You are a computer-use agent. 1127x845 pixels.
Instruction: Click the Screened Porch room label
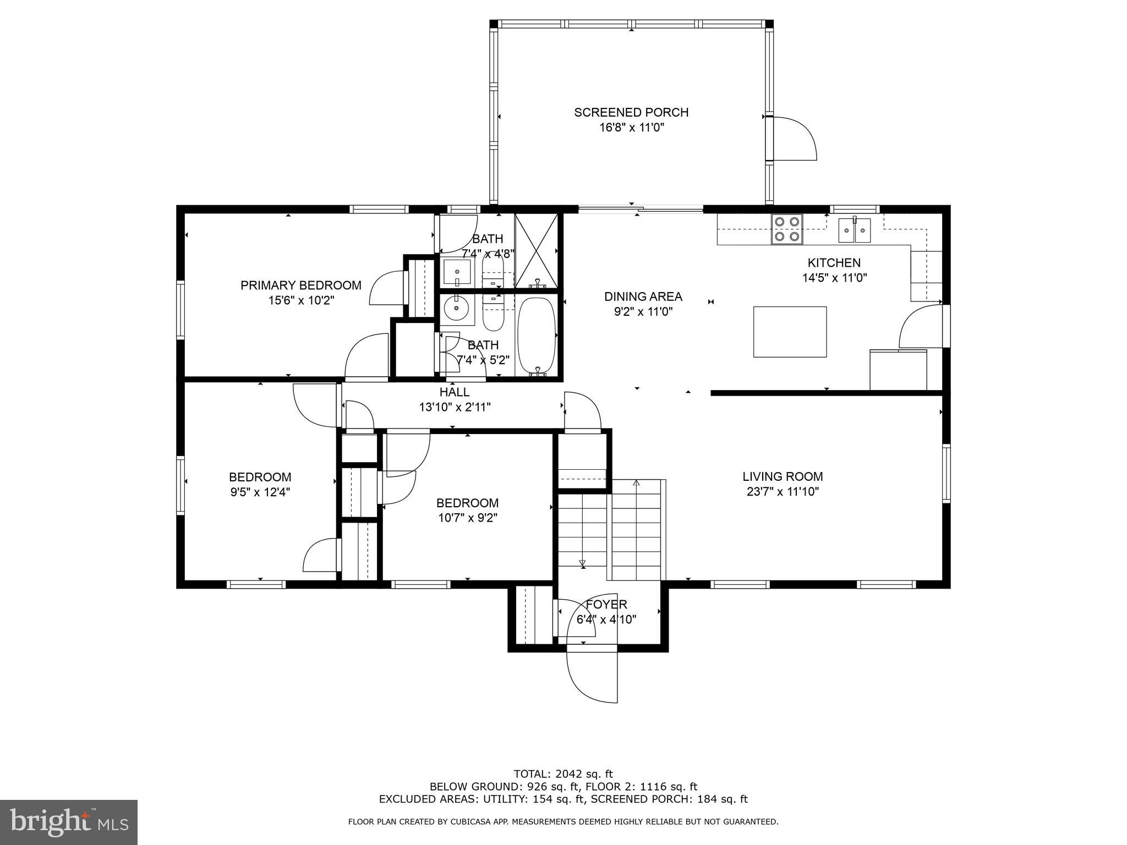[x=631, y=112]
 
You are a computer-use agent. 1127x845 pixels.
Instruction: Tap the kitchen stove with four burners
[x=786, y=229]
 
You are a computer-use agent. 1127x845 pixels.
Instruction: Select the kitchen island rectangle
[x=790, y=332]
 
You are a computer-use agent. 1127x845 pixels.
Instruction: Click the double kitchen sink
[x=855, y=230]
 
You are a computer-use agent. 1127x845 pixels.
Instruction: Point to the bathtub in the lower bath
[x=537, y=336]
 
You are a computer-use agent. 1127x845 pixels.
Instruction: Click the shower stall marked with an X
[x=536, y=251]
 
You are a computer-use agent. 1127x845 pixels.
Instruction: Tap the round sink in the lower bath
[x=456, y=308]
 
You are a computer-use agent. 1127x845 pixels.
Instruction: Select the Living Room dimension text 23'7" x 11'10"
[x=783, y=492]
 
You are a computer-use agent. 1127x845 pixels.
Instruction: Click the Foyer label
[x=606, y=605]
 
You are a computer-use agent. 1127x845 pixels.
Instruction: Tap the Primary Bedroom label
[x=300, y=285]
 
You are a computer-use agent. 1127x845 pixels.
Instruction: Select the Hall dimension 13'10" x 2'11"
[x=455, y=407]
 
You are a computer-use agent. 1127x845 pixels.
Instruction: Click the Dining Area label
[x=643, y=297]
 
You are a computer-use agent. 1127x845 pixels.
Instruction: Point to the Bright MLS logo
[x=69, y=822]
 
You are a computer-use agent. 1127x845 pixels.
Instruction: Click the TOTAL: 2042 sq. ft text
[x=563, y=774]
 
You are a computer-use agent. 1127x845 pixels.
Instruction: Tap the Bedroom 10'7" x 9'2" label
[x=467, y=503]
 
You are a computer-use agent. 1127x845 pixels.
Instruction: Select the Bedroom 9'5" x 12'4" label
[x=260, y=477]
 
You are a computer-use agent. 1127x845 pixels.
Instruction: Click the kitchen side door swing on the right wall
[x=920, y=328]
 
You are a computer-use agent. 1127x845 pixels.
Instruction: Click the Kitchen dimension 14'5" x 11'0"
[x=834, y=278]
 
